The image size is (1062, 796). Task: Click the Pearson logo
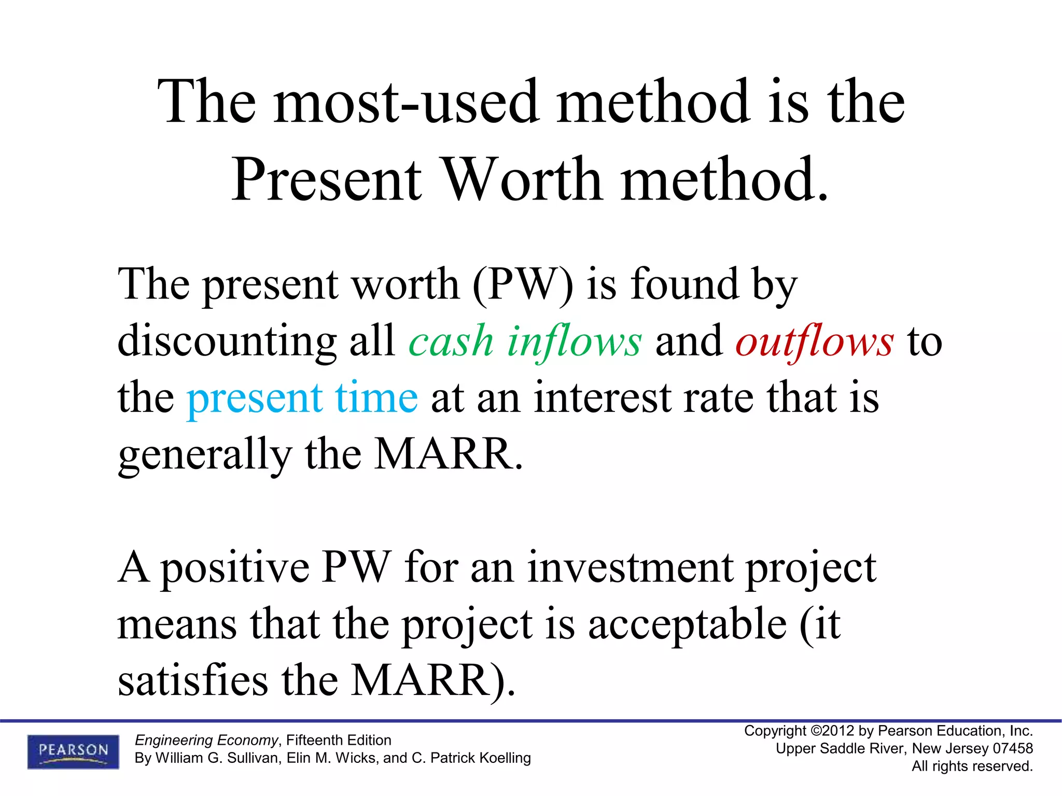pos(73,751)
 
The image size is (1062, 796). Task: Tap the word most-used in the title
pos(407,102)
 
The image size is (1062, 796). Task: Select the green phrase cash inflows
pos(525,342)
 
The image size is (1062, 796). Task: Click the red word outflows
pos(815,342)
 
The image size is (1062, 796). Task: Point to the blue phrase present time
pos(302,398)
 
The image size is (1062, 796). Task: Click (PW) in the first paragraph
pos(523,285)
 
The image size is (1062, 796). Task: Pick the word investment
pos(631,568)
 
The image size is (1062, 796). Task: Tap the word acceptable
pos(688,624)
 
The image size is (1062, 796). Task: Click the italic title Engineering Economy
pos(206,740)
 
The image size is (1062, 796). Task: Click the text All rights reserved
pos(972,766)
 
